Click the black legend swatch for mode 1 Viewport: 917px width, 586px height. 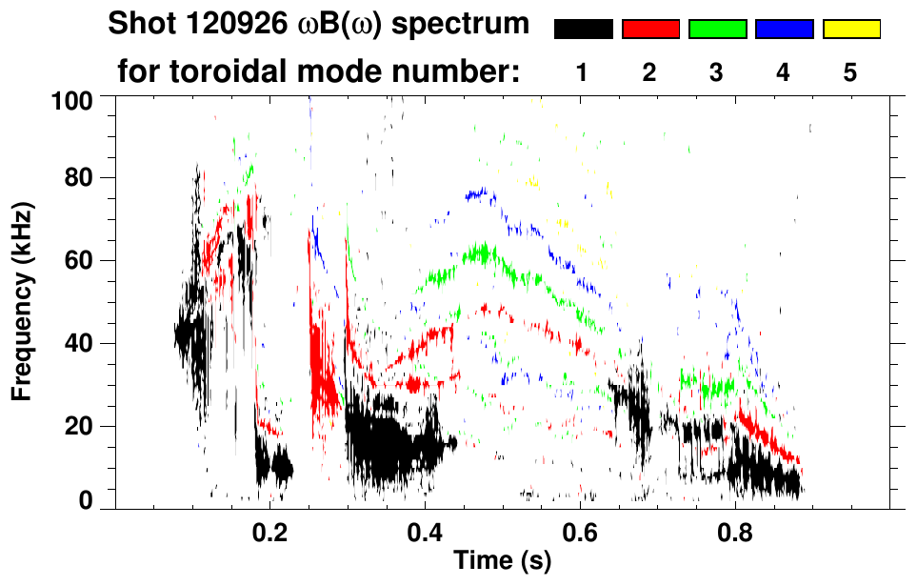click(x=583, y=30)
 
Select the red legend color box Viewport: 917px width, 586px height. click(x=650, y=30)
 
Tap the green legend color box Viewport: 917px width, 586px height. click(x=717, y=30)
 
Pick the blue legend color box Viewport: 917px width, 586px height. click(x=784, y=30)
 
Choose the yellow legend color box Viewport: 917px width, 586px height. click(x=850, y=30)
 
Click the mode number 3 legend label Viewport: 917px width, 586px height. click(x=717, y=73)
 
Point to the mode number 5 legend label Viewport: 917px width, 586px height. click(x=850, y=73)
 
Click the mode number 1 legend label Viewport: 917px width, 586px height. click(x=583, y=73)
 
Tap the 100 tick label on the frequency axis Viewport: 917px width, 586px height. click(x=73, y=98)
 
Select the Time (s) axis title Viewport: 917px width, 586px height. click(x=502, y=561)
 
